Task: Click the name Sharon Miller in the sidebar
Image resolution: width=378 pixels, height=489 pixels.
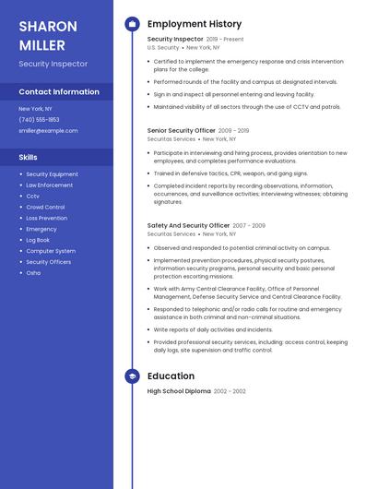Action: (x=41, y=34)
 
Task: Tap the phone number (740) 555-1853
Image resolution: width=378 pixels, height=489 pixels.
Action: (x=39, y=119)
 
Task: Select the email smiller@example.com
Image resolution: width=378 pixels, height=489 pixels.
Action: (x=48, y=130)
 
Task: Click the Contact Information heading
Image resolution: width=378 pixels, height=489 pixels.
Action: (x=59, y=92)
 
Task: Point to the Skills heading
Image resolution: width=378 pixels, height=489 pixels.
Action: (x=28, y=157)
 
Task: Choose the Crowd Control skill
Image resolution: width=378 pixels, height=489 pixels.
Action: (x=45, y=208)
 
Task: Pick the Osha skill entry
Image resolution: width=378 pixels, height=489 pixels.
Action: (x=33, y=273)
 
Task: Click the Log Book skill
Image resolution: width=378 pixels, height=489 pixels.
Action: (x=38, y=240)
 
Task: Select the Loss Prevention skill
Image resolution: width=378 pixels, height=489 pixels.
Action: (x=46, y=219)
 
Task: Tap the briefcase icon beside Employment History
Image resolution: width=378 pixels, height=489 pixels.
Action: (x=132, y=24)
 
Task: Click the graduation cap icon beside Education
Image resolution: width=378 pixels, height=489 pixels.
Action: (x=132, y=376)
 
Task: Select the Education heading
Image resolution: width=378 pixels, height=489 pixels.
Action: (x=171, y=376)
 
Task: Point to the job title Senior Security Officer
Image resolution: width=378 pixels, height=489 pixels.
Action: (x=182, y=131)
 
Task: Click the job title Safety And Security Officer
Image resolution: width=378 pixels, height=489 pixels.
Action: (x=188, y=225)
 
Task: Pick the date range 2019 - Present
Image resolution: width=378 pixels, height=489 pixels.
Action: (x=225, y=40)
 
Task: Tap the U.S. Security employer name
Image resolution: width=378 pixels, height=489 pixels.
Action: (x=163, y=47)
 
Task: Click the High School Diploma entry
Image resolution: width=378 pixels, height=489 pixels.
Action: (x=179, y=391)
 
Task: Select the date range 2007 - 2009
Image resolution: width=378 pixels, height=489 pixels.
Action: (x=249, y=225)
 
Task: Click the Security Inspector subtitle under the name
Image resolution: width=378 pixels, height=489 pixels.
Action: (x=53, y=64)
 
